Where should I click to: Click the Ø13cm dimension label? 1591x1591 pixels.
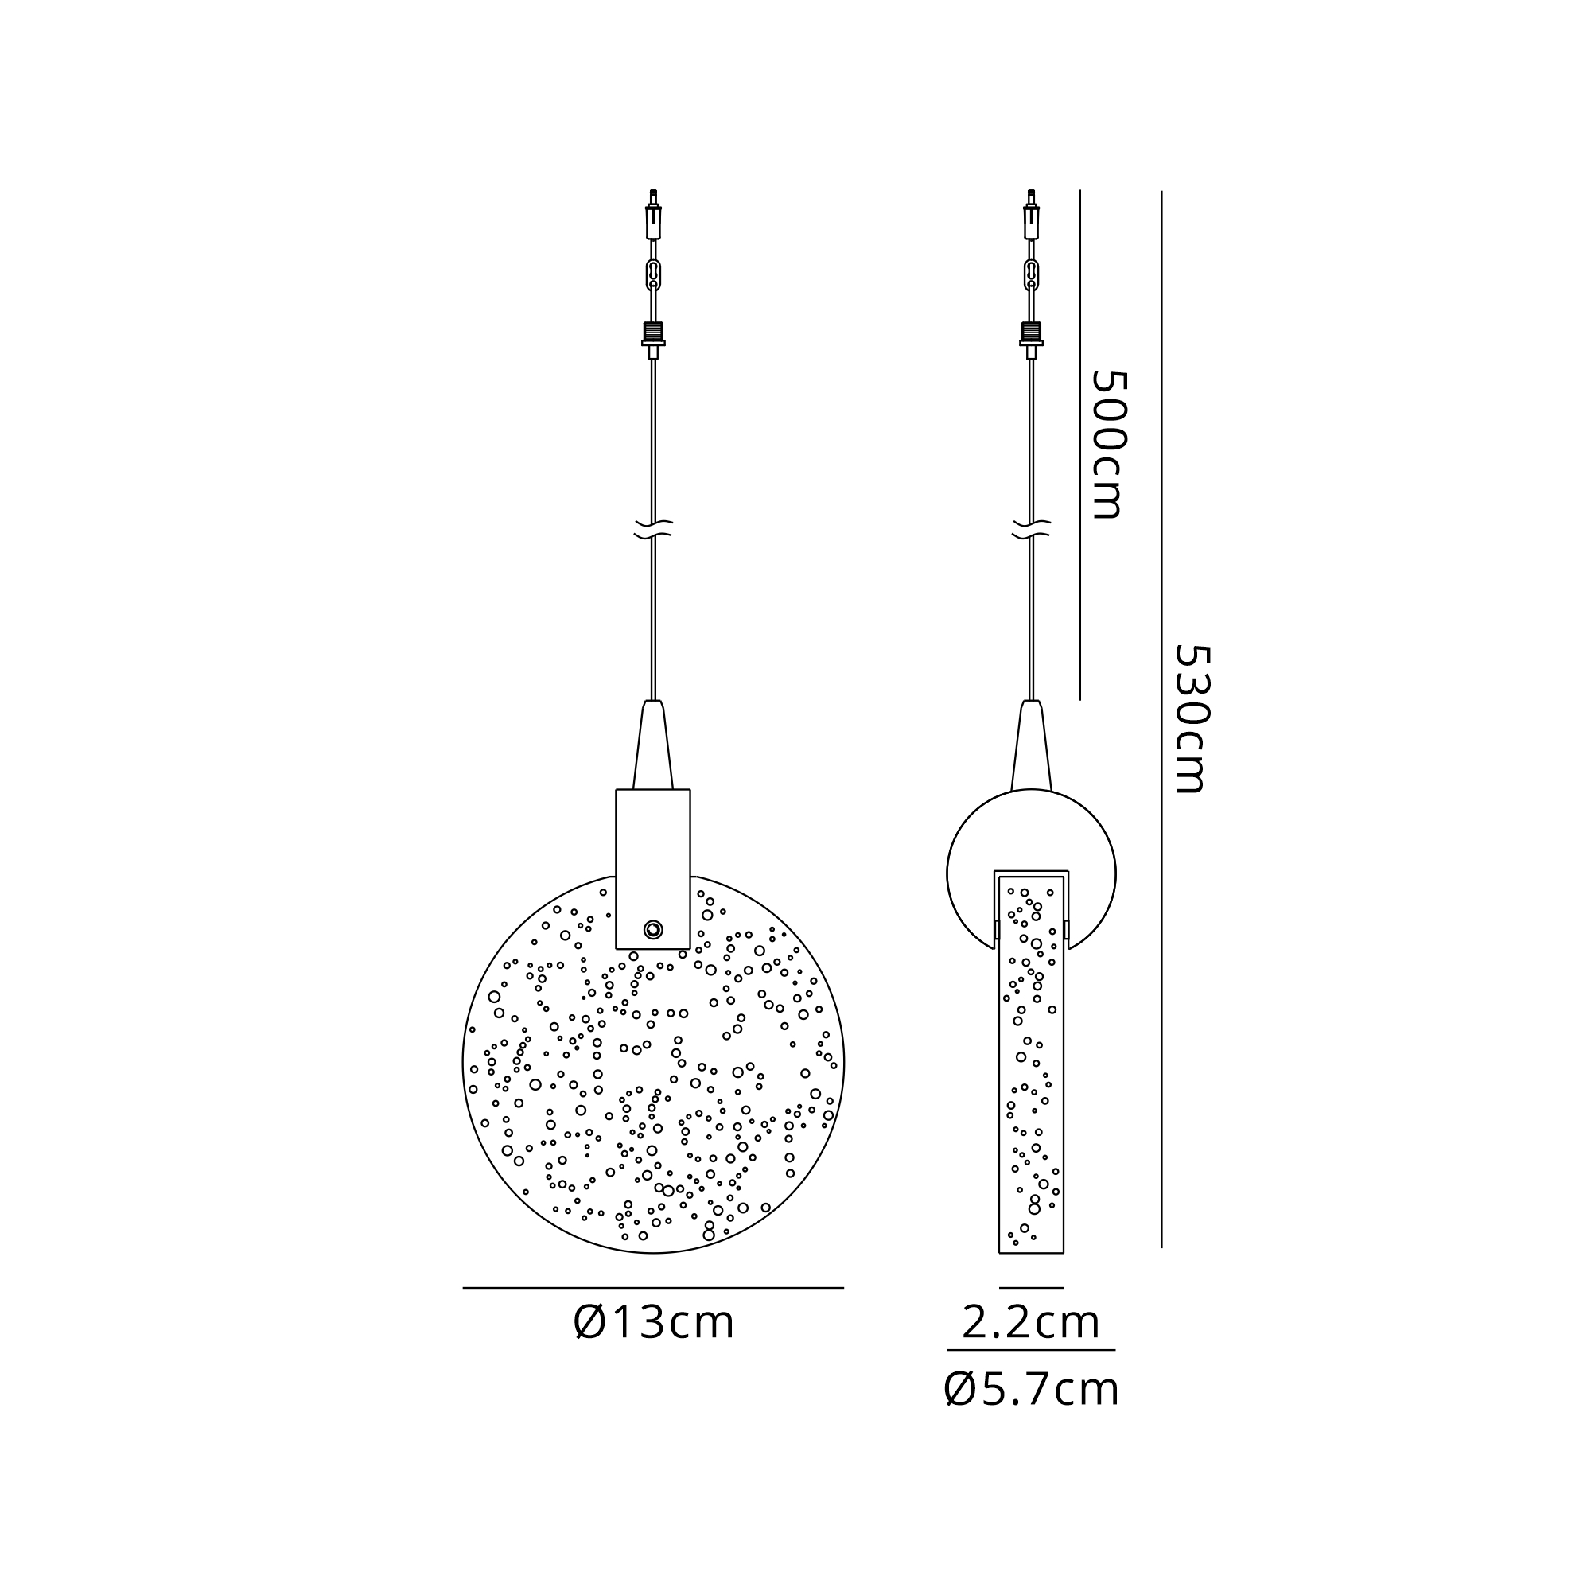(x=653, y=1324)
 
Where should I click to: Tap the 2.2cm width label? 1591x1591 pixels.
(x=1031, y=1324)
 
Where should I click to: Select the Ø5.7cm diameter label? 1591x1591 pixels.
(x=1031, y=1390)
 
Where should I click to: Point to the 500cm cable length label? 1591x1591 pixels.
(x=1107, y=445)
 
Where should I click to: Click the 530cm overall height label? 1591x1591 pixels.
(x=1191, y=719)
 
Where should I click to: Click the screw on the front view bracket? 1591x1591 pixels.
(x=653, y=930)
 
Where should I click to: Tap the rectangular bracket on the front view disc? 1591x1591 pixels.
(x=653, y=869)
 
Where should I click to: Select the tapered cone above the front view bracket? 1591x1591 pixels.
(x=653, y=745)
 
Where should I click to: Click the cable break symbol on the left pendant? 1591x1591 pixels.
(x=654, y=529)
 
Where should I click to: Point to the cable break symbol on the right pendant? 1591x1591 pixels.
(x=1031, y=529)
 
